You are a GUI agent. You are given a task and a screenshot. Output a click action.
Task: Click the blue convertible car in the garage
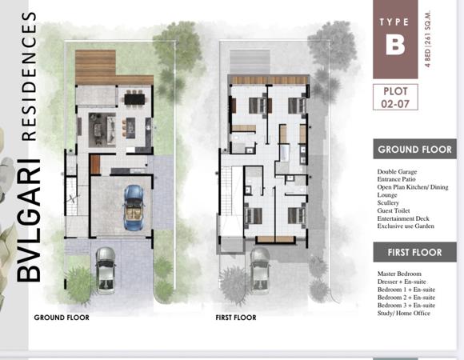point(134,208)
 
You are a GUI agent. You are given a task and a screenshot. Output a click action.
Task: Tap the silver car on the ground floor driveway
point(106,270)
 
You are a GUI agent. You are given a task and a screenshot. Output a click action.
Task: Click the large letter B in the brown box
point(395,44)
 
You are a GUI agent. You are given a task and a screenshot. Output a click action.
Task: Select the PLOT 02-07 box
point(395,97)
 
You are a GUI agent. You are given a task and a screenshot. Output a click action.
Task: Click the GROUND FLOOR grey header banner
point(414,149)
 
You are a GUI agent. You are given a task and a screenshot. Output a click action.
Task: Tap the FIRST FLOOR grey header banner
point(414,252)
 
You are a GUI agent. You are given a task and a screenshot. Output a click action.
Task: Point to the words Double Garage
point(397,171)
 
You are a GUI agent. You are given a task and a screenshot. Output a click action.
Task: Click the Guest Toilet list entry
point(394,210)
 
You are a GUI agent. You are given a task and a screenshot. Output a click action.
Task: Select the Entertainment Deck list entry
point(403,218)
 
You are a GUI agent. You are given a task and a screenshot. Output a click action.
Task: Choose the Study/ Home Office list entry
point(404,313)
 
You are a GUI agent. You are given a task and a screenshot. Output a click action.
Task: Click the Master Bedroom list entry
point(399,274)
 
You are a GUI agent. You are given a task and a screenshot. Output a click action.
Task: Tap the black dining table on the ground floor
point(135,98)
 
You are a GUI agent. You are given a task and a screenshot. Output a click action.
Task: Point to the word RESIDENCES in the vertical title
point(30,76)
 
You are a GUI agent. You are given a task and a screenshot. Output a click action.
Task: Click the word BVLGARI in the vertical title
point(28,221)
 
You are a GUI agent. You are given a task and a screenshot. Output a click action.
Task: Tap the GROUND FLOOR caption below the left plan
point(62,318)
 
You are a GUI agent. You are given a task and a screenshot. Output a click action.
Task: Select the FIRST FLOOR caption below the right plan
point(236,318)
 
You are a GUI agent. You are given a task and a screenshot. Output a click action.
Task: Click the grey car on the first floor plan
point(260,270)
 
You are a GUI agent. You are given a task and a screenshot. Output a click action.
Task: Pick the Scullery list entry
point(388,202)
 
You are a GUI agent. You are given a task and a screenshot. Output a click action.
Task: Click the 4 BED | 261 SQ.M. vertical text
point(428,39)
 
